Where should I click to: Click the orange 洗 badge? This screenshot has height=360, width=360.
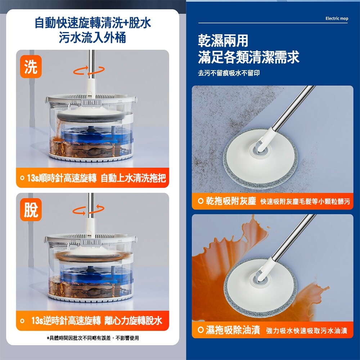click(31, 67)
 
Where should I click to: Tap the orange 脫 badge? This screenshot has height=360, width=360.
click(31, 210)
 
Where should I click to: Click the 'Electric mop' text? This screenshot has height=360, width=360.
click(337, 18)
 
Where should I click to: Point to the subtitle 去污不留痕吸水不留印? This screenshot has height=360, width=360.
click(229, 73)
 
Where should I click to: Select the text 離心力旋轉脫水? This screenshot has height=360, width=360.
click(134, 320)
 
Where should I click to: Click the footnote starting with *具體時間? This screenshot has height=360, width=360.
click(93, 338)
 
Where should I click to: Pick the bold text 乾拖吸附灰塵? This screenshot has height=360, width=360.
click(231, 201)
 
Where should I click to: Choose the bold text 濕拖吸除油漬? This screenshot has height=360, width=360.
click(233, 330)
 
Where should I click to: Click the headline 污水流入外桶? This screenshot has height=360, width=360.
click(93, 37)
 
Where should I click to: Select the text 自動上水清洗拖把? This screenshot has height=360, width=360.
click(133, 178)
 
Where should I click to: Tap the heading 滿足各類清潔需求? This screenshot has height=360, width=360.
click(249, 57)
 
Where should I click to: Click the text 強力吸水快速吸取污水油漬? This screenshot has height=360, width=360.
click(307, 330)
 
